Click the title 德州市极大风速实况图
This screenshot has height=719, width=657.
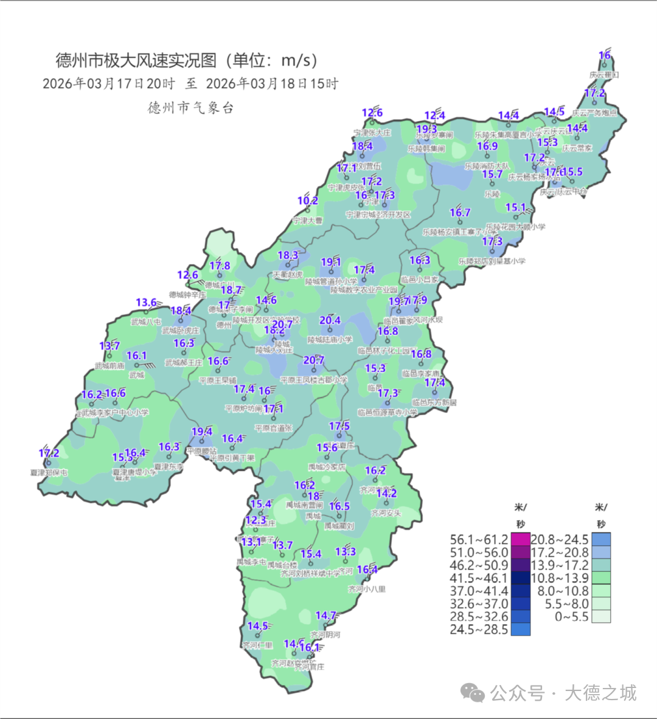tap(136, 61)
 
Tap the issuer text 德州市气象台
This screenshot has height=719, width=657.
tap(190, 108)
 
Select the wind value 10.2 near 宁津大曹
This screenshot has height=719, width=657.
tap(308, 201)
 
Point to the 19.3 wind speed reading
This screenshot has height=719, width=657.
tap(426, 129)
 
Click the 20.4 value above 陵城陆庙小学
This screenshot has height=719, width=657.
tap(330, 320)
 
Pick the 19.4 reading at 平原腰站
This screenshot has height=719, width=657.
tap(202, 432)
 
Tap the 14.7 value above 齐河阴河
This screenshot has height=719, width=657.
tap(326, 616)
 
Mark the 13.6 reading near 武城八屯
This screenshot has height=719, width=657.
tap(147, 303)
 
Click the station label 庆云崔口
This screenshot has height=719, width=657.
tap(603, 75)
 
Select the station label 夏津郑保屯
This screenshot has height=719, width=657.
tap(49, 472)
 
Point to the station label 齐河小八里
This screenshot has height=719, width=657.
tap(367, 589)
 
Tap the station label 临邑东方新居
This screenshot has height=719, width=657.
tap(434, 402)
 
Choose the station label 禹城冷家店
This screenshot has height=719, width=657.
tap(327, 467)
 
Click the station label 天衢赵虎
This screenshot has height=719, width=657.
tap(287, 275)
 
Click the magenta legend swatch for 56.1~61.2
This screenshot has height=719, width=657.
tap(520, 540)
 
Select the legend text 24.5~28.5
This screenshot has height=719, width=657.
tap(479, 630)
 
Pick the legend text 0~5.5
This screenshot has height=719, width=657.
tap(572, 616)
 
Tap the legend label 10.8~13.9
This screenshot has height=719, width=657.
tap(560, 578)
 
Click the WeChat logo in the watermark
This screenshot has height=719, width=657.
tap(472, 693)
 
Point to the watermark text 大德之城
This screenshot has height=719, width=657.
tap(600, 693)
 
